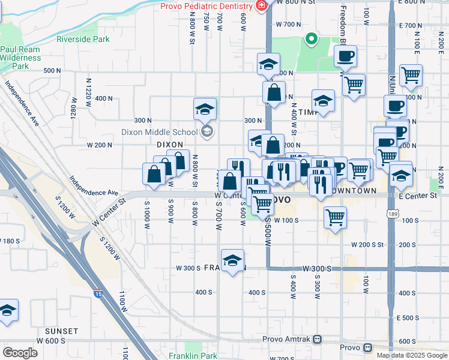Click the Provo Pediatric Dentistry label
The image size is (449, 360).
pos(205,6)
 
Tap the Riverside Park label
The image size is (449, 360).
pos(83,39)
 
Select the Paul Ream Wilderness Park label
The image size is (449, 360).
pos(20,53)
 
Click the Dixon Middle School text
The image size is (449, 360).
pos(159,132)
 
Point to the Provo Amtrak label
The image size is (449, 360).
pos(285,339)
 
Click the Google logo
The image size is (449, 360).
pos(20,353)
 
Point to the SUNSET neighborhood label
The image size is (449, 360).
pos(61,331)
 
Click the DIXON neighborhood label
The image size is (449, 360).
pos(169,145)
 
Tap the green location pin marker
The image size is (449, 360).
pos(311,40)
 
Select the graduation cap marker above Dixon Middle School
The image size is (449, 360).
pos(205,109)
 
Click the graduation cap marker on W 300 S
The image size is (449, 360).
pos(232,260)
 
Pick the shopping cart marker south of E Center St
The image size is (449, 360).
pos(335,217)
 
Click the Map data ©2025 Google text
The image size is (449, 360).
pos(411,355)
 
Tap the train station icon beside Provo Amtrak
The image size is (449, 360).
pos(366,348)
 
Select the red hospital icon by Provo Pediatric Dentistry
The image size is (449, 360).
pos(261,6)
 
